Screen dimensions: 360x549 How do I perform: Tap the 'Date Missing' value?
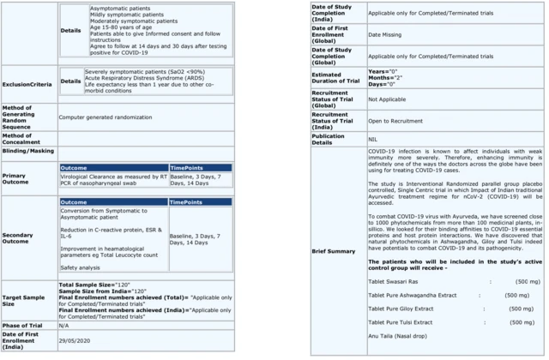click(x=387, y=33)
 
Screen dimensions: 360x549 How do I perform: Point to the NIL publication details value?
click(x=373, y=139)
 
